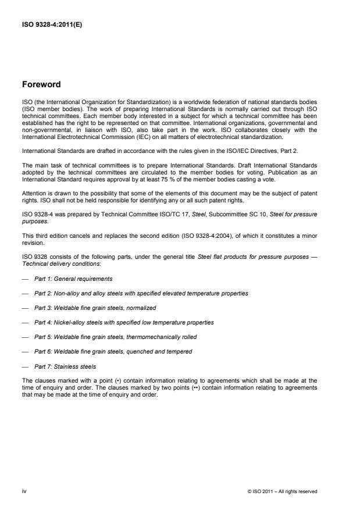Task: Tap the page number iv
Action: point(24,491)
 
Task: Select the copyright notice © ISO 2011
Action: point(282,491)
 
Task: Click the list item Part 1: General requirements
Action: point(73,279)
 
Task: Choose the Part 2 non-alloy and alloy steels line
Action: point(141,293)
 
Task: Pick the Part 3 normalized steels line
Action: point(95,308)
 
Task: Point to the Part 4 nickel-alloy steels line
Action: point(124,322)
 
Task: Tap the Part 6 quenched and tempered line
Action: point(113,351)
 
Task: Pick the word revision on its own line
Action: point(33,244)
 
